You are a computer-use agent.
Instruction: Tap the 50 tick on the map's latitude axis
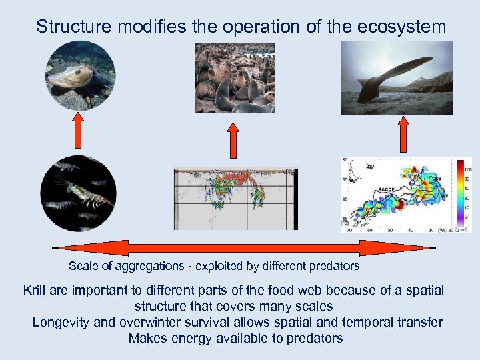(344, 161)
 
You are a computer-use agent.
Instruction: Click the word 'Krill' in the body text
(36, 291)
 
